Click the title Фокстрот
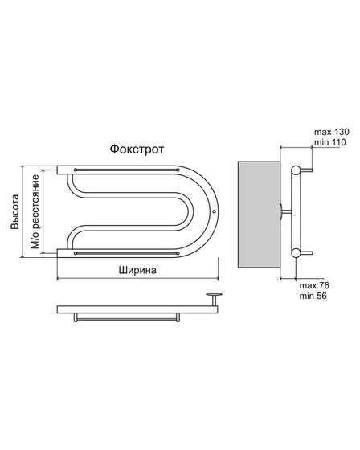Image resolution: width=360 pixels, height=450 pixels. click(137, 149)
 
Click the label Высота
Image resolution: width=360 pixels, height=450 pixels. click(14, 212)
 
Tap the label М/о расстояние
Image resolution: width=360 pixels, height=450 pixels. click(35, 211)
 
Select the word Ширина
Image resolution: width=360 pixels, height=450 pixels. click(137, 270)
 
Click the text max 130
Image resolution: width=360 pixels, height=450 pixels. click(332, 132)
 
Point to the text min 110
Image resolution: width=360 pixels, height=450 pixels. click(329, 142)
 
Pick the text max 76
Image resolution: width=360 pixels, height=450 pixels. click(314, 285)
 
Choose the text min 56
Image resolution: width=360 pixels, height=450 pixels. click(313, 296)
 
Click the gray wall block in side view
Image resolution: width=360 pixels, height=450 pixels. click(259, 215)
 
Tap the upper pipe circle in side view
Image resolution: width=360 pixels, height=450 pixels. click(296, 170)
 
